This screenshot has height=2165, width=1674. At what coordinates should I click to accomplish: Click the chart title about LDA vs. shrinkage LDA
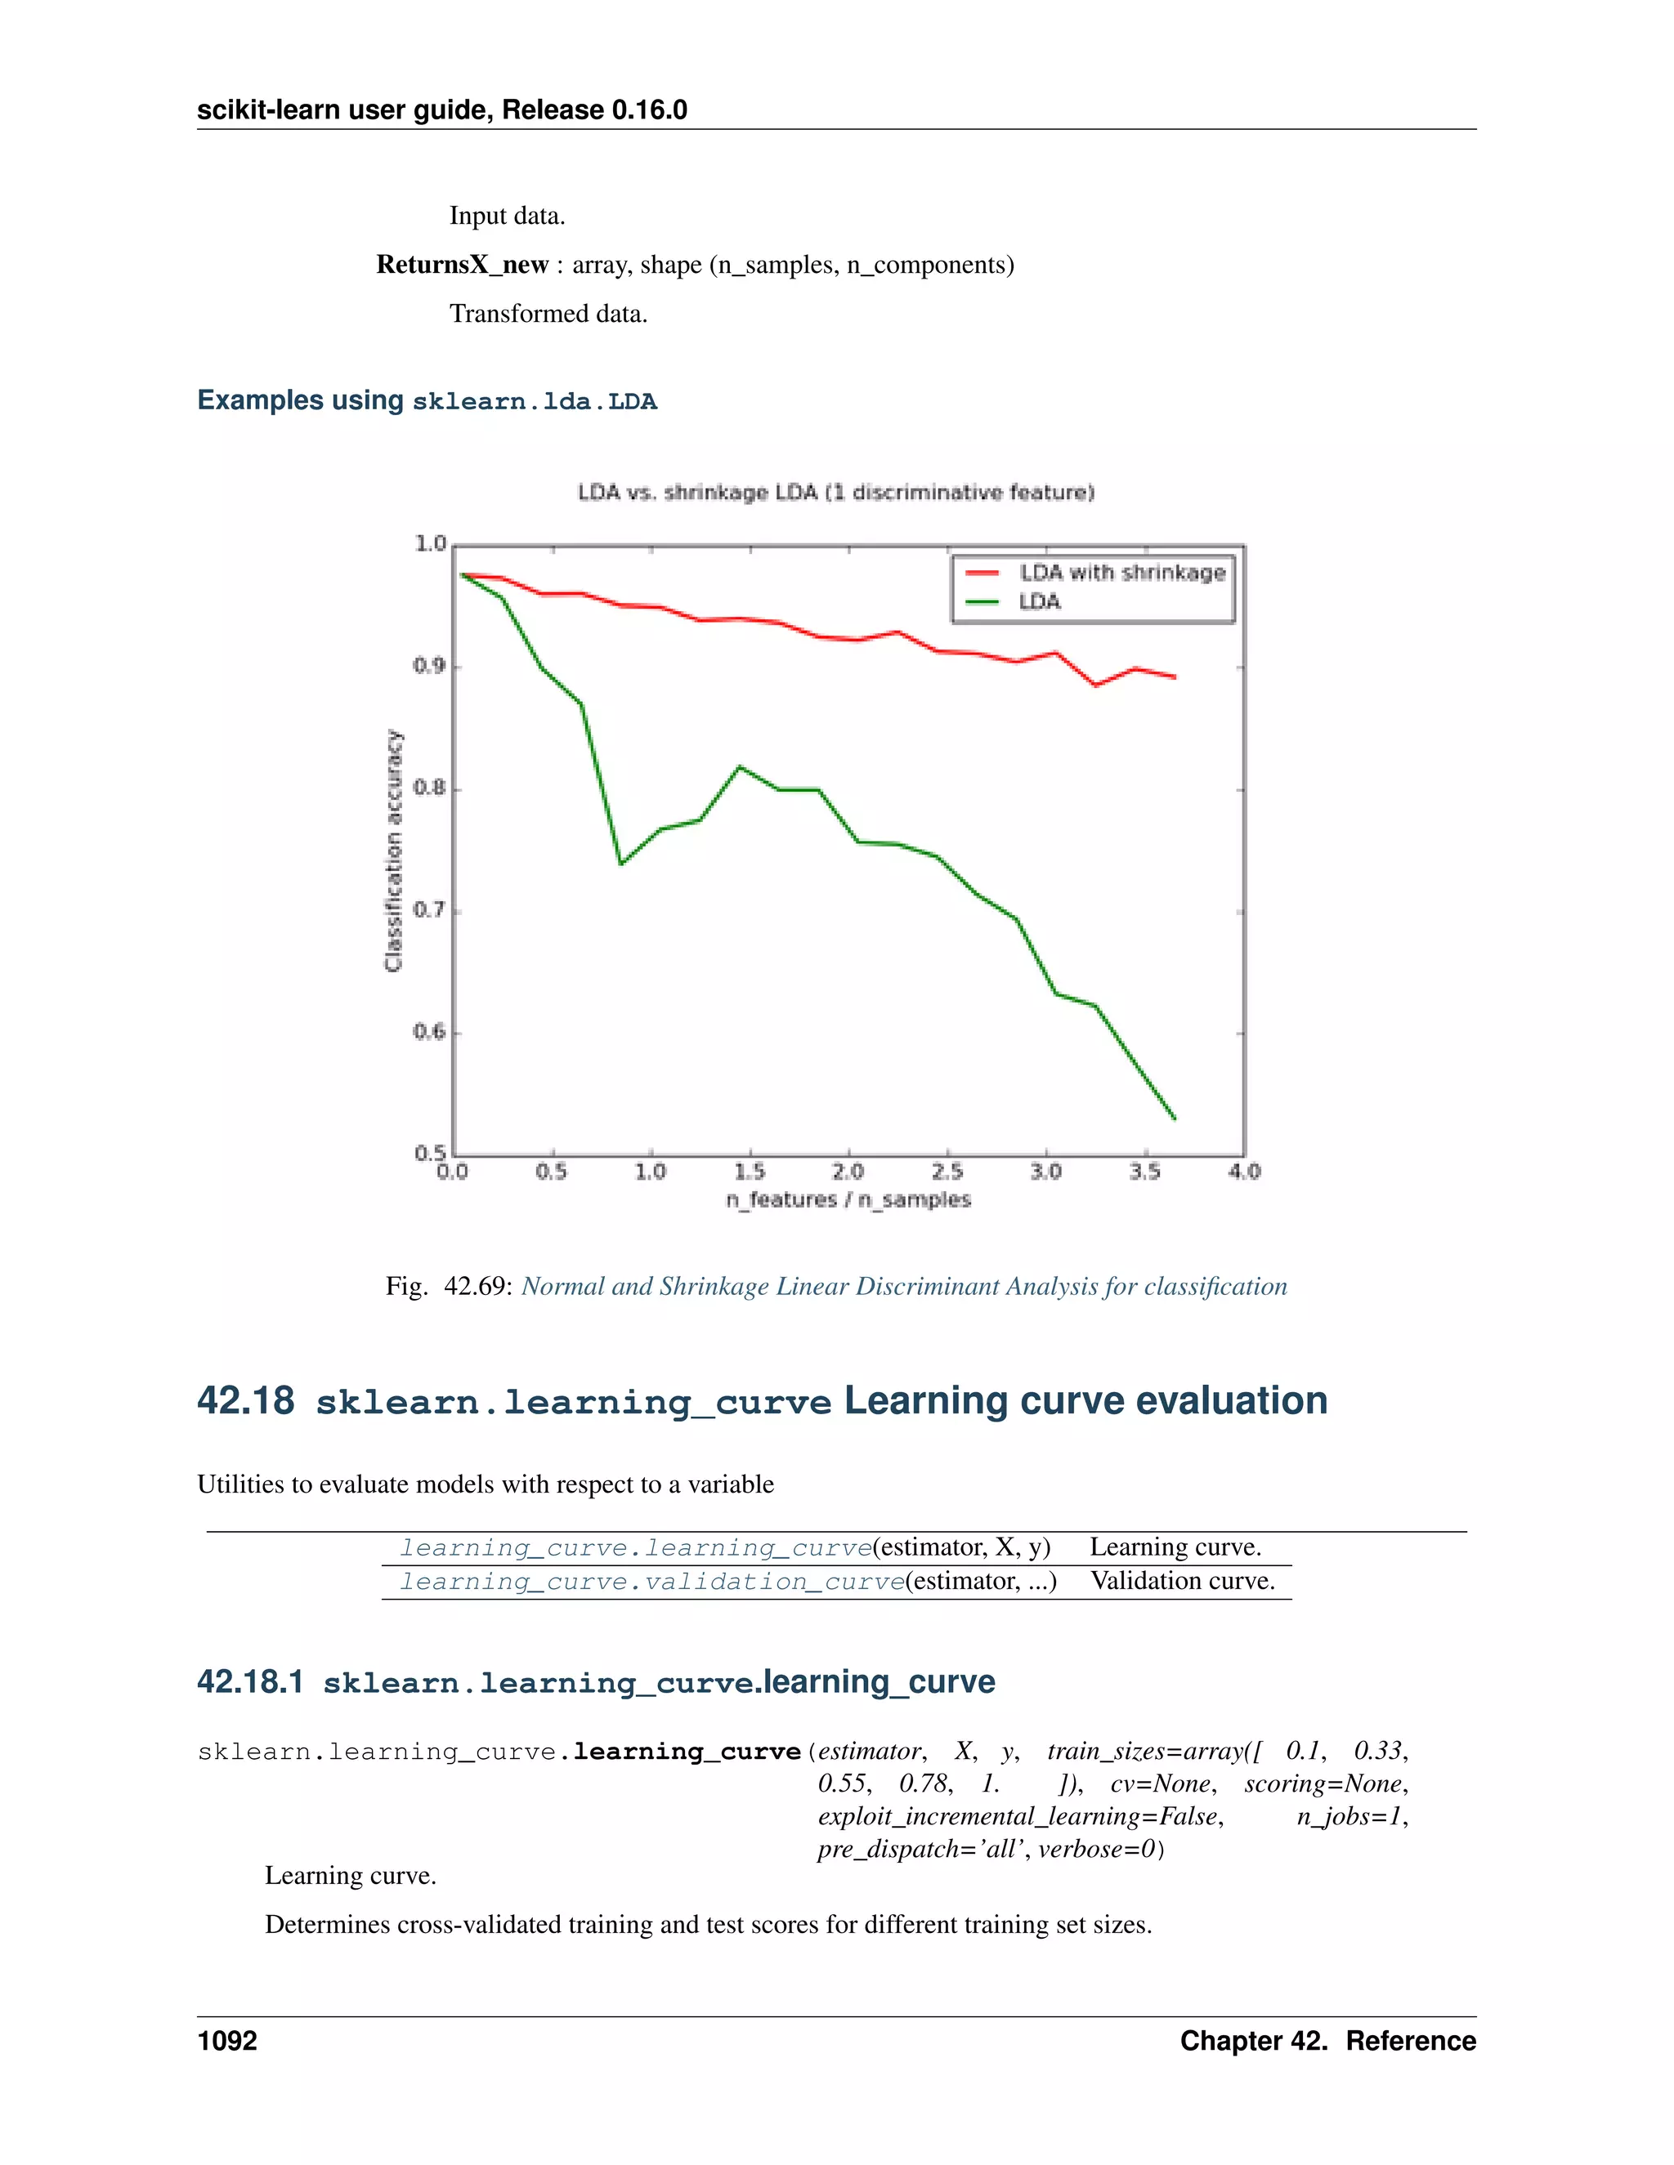836,493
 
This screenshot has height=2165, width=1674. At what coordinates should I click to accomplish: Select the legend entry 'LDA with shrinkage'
1121,573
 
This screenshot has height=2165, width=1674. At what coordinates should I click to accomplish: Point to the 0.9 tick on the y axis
429,666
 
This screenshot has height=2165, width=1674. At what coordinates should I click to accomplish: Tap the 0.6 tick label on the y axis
429,1032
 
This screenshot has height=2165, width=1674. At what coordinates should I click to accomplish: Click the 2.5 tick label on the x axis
947,1172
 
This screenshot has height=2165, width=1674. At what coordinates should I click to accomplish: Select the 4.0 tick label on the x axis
1243,1172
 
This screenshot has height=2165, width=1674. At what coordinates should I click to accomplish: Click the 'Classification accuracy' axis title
394,850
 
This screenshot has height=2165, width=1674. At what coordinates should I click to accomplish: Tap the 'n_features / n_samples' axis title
848,1199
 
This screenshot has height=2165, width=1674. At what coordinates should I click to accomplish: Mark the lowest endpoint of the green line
1175,1119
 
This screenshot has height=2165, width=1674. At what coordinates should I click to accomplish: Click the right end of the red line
1175,677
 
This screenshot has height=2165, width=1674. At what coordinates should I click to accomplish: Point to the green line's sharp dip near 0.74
621,864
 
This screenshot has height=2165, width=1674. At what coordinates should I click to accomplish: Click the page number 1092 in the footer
227,2041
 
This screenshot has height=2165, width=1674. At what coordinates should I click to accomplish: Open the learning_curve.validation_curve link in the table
651,1581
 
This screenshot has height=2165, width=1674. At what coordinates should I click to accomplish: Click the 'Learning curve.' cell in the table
1175,1547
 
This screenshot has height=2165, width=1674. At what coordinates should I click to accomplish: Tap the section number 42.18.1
250,1682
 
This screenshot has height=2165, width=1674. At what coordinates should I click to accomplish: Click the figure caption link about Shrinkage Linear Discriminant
903,1287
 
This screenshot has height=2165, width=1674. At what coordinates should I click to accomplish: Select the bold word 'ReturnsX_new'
462,265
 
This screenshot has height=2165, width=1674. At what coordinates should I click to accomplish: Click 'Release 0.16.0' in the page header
594,110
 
